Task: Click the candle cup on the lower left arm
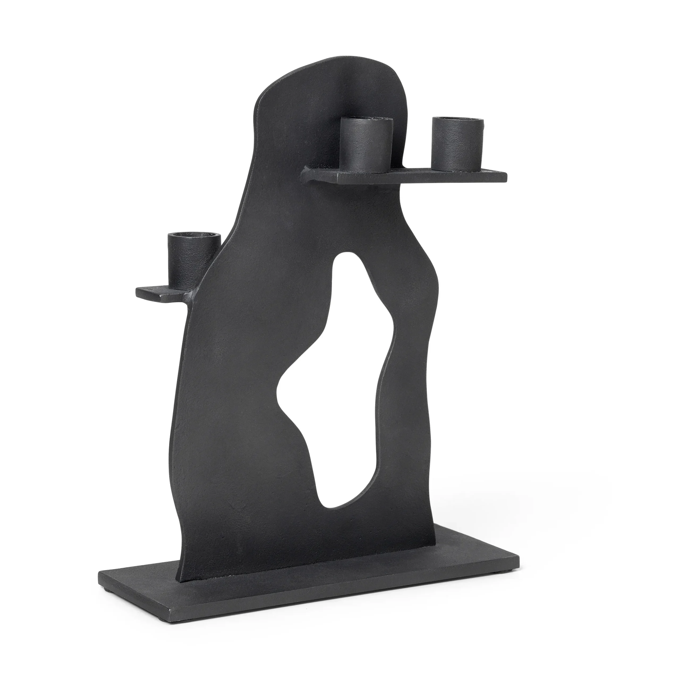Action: coord(194,257)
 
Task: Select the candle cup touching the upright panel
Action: coord(366,146)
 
